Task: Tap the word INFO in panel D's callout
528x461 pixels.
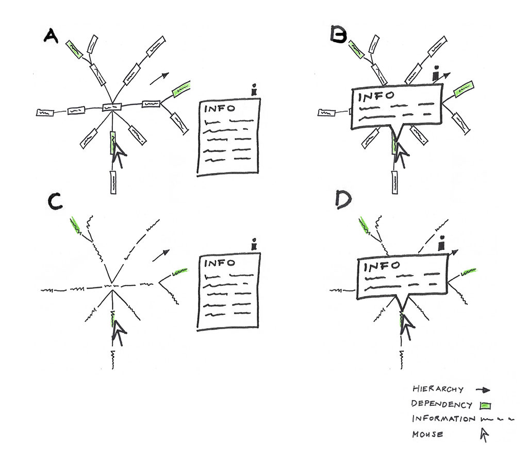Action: [x=382, y=266]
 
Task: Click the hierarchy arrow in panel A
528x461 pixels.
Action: [x=159, y=78]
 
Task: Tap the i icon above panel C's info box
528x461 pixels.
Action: [x=253, y=245]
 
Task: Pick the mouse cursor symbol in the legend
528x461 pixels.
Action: [x=484, y=435]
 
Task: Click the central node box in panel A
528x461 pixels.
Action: [x=111, y=107]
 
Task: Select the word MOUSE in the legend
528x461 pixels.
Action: [x=427, y=434]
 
